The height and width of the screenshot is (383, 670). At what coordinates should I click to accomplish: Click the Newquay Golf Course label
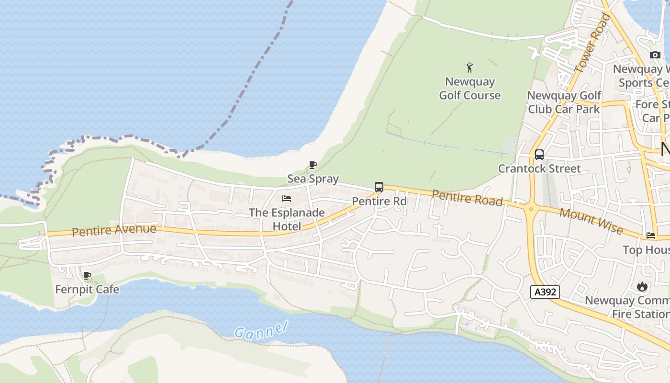(x=470, y=89)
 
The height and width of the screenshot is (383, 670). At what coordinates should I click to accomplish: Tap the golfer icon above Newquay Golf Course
(x=469, y=68)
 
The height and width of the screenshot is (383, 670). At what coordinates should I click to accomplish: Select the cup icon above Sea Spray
(x=313, y=165)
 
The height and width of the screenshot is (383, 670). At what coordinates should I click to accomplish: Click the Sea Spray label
(x=313, y=179)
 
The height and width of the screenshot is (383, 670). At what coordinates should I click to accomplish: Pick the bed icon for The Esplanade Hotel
(x=287, y=199)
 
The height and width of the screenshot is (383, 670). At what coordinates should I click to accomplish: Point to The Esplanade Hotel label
(x=287, y=219)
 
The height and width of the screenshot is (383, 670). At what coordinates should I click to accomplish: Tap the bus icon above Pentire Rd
(x=379, y=187)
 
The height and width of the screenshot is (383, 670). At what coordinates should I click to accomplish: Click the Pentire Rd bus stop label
(x=379, y=202)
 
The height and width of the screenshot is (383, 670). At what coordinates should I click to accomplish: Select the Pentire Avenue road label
(x=114, y=230)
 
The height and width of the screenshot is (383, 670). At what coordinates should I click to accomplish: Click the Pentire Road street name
(x=467, y=198)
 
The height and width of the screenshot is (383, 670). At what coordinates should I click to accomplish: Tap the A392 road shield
(x=545, y=292)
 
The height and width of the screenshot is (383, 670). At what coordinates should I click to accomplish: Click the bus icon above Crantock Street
(x=539, y=155)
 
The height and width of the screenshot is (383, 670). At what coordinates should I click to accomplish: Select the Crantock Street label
(x=539, y=169)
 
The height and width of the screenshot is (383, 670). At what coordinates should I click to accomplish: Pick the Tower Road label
(x=592, y=43)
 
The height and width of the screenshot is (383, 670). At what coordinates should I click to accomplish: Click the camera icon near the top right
(x=655, y=55)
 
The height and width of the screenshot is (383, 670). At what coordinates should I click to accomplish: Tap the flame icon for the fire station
(x=642, y=287)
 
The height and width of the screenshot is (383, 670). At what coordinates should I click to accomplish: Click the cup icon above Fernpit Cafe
(x=87, y=275)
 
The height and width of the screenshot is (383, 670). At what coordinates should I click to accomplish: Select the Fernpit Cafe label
(x=87, y=289)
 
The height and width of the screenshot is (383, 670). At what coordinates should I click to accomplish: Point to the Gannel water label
(x=261, y=330)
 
